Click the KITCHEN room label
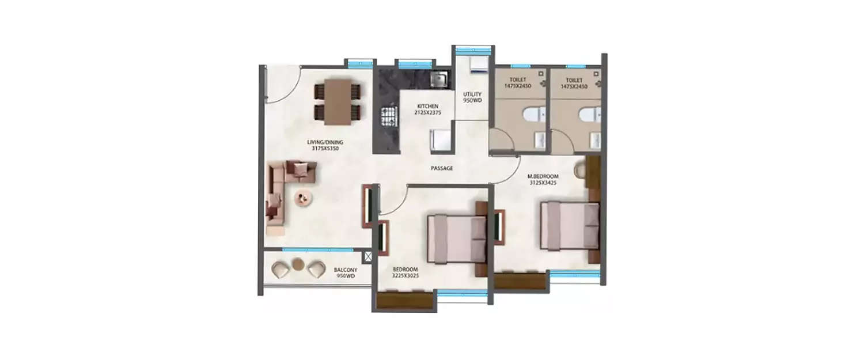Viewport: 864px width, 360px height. (428, 107)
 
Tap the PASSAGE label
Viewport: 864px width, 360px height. (442, 168)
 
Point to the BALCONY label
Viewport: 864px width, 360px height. (346, 270)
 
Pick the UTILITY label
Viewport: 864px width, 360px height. (472, 94)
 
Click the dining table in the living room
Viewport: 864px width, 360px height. (338, 101)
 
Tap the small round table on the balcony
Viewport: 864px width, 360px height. (297, 264)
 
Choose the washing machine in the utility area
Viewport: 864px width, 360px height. (479, 65)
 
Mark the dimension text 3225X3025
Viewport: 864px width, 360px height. (406, 276)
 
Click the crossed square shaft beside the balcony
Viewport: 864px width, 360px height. (367, 257)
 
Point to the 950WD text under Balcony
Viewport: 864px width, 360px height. (346, 276)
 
